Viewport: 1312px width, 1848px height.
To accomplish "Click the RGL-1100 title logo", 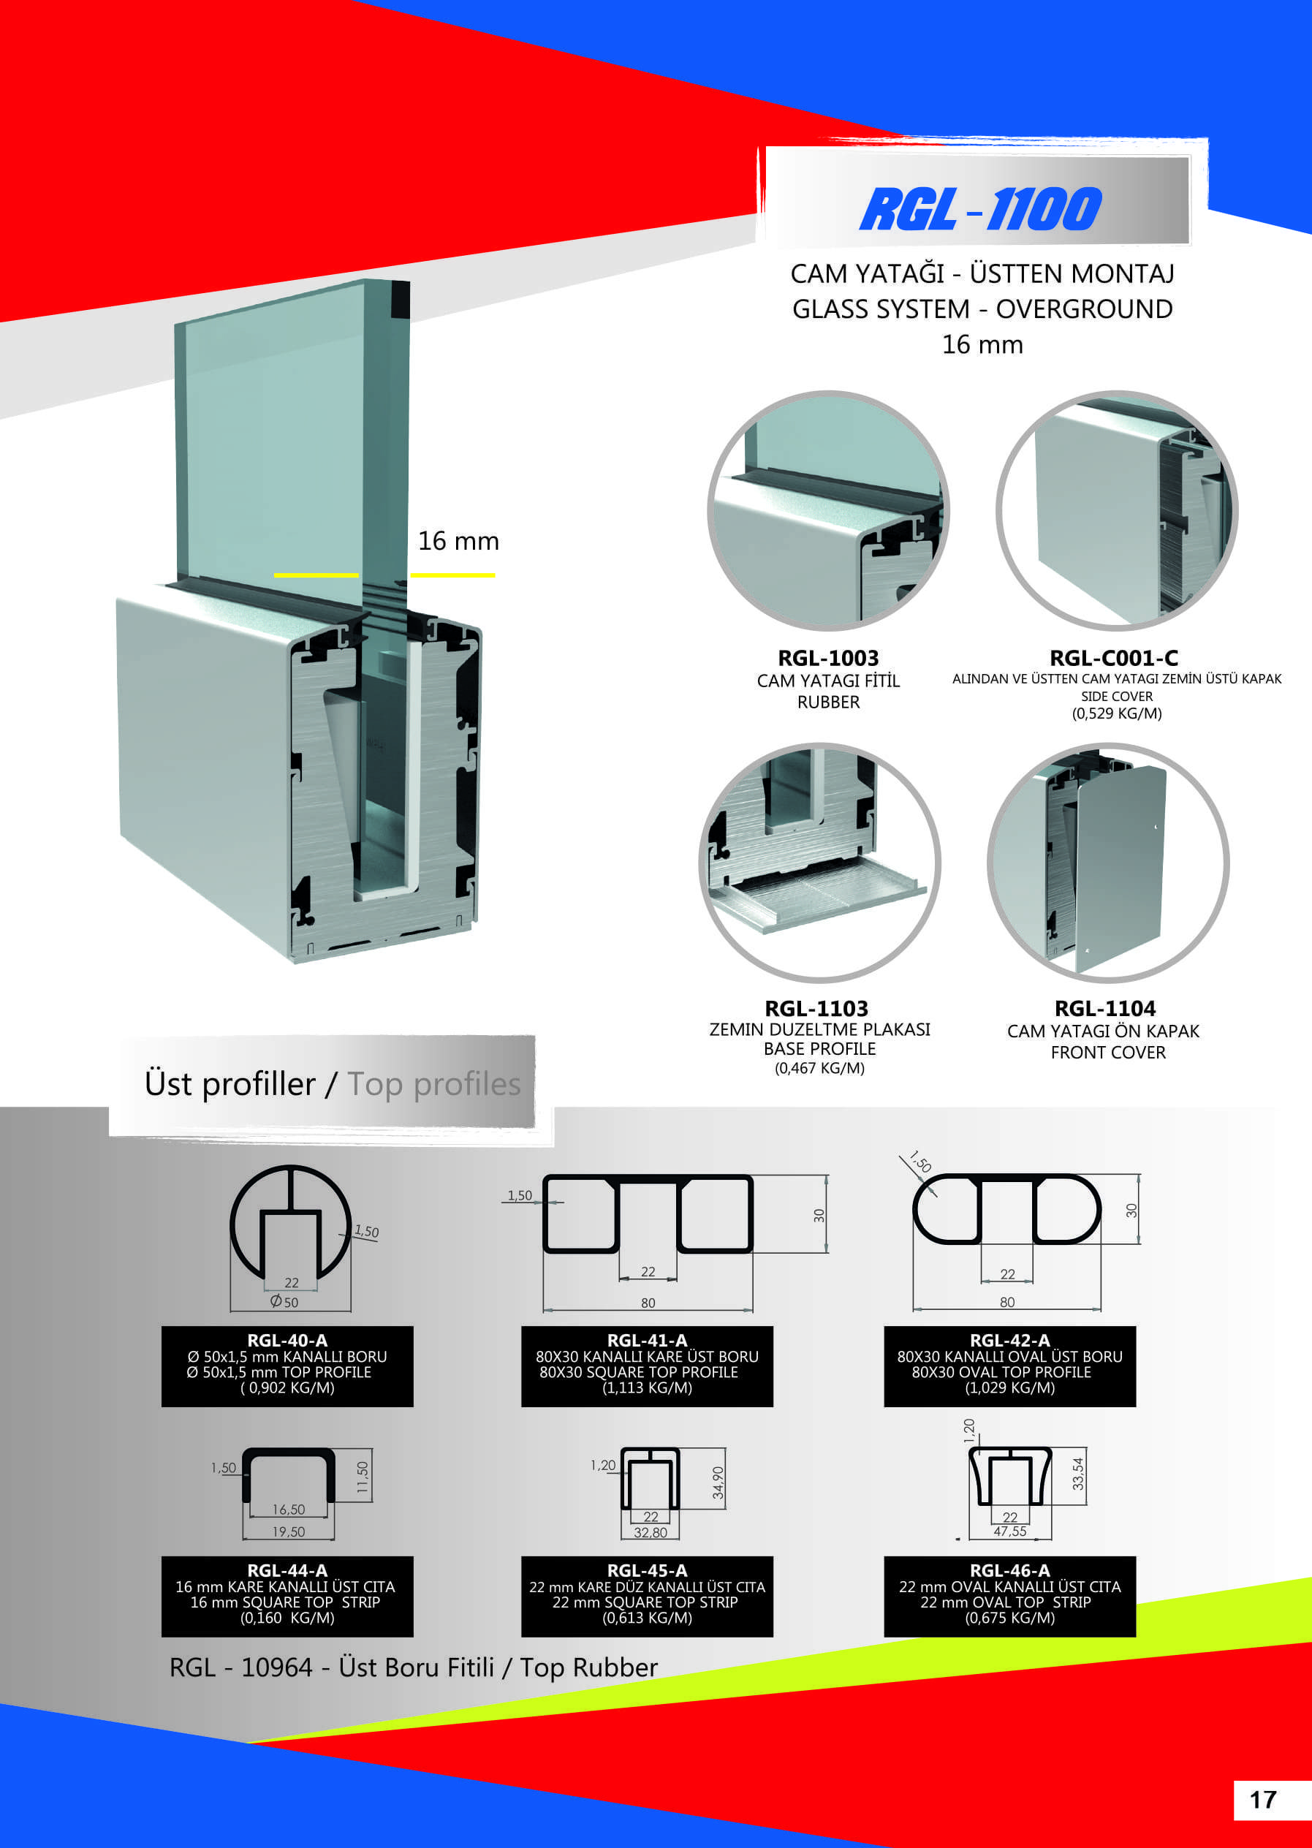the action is coord(980,209).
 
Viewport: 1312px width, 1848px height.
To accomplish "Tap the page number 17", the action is coord(1263,1800).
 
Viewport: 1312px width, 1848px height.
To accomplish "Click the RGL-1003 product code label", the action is coord(828,658).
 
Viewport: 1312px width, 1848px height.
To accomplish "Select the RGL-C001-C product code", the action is coord(1113,658).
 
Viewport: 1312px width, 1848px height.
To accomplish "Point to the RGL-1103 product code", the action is coord(816,1009).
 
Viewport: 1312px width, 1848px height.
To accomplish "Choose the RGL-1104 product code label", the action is coord(1104,1009).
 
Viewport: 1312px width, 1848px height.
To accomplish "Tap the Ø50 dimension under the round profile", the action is coord(284,1302).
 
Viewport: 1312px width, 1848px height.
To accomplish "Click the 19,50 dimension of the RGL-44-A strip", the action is coord(289,1531).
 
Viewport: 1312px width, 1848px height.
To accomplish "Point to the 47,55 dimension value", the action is coord(1010,1531).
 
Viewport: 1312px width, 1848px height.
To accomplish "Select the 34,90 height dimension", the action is coord(718,1482).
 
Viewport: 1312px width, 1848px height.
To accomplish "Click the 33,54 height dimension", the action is coord(1077,1474).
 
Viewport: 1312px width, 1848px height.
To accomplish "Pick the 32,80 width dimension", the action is coord(651,1532).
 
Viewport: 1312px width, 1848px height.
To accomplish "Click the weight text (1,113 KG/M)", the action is coord(647,1387).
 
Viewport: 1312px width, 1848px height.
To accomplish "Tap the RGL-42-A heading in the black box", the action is coord(1010,1340).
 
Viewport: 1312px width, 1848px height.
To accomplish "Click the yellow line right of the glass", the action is coord(452,575).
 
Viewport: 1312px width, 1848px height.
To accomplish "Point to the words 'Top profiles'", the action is coord(434,1084).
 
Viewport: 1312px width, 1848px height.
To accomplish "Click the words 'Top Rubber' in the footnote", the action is coord(588,1667).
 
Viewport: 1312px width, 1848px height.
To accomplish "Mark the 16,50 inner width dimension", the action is coord(289,1509).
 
